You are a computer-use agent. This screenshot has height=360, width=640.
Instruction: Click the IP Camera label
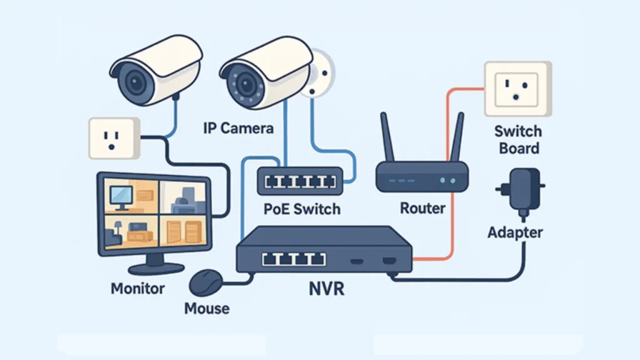click(x=238, y=128)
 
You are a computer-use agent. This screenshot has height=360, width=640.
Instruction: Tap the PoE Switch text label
click(x=301, y=208)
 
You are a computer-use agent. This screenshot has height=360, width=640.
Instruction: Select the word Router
click(x=422, y=208)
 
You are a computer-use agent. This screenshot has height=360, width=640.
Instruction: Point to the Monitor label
click(x=137, y=289)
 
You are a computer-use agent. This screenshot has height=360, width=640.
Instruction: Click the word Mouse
click(x=207, y=308)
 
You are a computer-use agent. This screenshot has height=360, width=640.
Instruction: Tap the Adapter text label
click(x=515, y=232)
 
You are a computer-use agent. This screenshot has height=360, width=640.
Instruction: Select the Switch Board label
click(x=517, y=140)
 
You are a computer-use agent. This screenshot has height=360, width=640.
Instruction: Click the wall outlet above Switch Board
click(x=518, y=89)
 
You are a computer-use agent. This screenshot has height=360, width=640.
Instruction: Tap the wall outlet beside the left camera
click(x=112, y=137)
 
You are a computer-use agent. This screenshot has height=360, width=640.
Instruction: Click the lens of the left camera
click(x=135, y=80)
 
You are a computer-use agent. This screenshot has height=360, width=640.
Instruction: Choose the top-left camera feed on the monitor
click(x=131, y=196)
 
